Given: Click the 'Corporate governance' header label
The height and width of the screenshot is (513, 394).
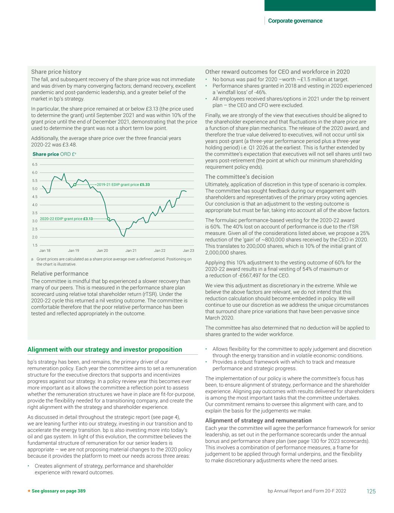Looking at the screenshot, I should (x=295, y=21).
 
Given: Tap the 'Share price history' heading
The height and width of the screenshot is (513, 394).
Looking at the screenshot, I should (x=56, y=72).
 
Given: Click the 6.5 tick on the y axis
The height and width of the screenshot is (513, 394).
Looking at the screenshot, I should (x=35, y=165).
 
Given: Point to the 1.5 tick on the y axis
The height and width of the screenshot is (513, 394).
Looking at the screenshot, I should (x=35, y=245).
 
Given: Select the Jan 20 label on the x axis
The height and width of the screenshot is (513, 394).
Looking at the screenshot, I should (x=102, y=251).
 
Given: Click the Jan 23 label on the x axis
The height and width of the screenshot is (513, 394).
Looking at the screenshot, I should (x=188, y=251).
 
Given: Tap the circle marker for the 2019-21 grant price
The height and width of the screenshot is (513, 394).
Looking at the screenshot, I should (x=75, y=185).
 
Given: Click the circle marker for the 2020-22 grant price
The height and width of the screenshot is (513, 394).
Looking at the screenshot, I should (x=108, y=219).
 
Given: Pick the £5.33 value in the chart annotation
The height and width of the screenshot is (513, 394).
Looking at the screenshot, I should (x=145, y=185).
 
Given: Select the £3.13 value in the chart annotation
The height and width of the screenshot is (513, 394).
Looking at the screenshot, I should (x=88, y=219).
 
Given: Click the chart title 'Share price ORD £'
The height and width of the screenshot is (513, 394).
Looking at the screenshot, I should (x=55, y=154).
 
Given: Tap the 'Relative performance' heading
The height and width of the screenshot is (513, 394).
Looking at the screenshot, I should (x=59, y=274).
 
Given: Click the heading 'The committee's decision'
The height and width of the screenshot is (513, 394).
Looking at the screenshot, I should (x=239, y=177).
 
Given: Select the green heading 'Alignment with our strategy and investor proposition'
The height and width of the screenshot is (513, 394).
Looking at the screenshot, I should (x=105, y=350).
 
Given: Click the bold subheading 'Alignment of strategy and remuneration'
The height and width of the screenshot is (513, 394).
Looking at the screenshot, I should (x=258, y=421).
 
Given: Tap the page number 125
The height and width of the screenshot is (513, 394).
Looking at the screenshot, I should (x=371, y=491).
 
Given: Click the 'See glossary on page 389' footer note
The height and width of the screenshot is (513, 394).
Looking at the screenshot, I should (x=59, y=491).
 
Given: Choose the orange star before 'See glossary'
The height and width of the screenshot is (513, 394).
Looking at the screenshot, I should (x=29, y=491).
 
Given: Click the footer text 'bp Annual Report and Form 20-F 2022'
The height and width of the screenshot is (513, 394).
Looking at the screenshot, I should (x=307, y=491).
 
